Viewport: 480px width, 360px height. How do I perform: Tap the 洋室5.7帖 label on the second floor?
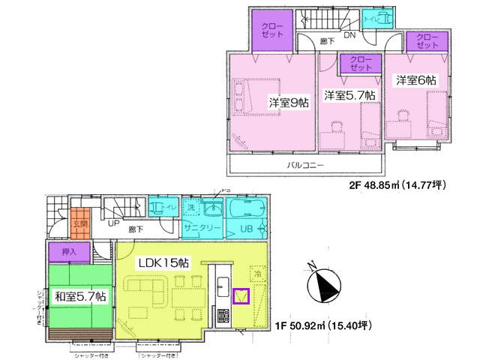click(x=349, y=95)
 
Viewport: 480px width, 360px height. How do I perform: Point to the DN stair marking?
click(x=349, y=35)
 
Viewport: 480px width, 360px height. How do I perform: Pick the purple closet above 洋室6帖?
click(x=426, y=40)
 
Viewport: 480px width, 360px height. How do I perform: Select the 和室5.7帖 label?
click(x=79, y=296)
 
